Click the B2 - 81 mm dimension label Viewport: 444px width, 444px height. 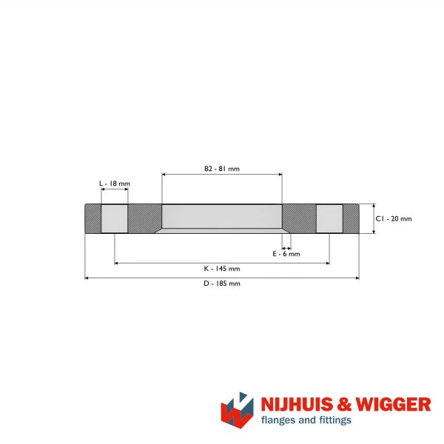[222, 169]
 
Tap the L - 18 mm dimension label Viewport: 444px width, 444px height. [115, 184]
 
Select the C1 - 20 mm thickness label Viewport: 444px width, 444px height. [394, 218]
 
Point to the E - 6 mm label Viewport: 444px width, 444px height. [286, 254]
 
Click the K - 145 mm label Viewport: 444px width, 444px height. [222, 269]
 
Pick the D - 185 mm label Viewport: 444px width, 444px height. [222, 283]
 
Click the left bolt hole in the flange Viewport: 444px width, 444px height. [115, 218]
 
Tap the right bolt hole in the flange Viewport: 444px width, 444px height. [329, 218]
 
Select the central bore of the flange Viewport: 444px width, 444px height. [222, 218]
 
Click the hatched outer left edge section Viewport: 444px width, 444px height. [93, 218]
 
